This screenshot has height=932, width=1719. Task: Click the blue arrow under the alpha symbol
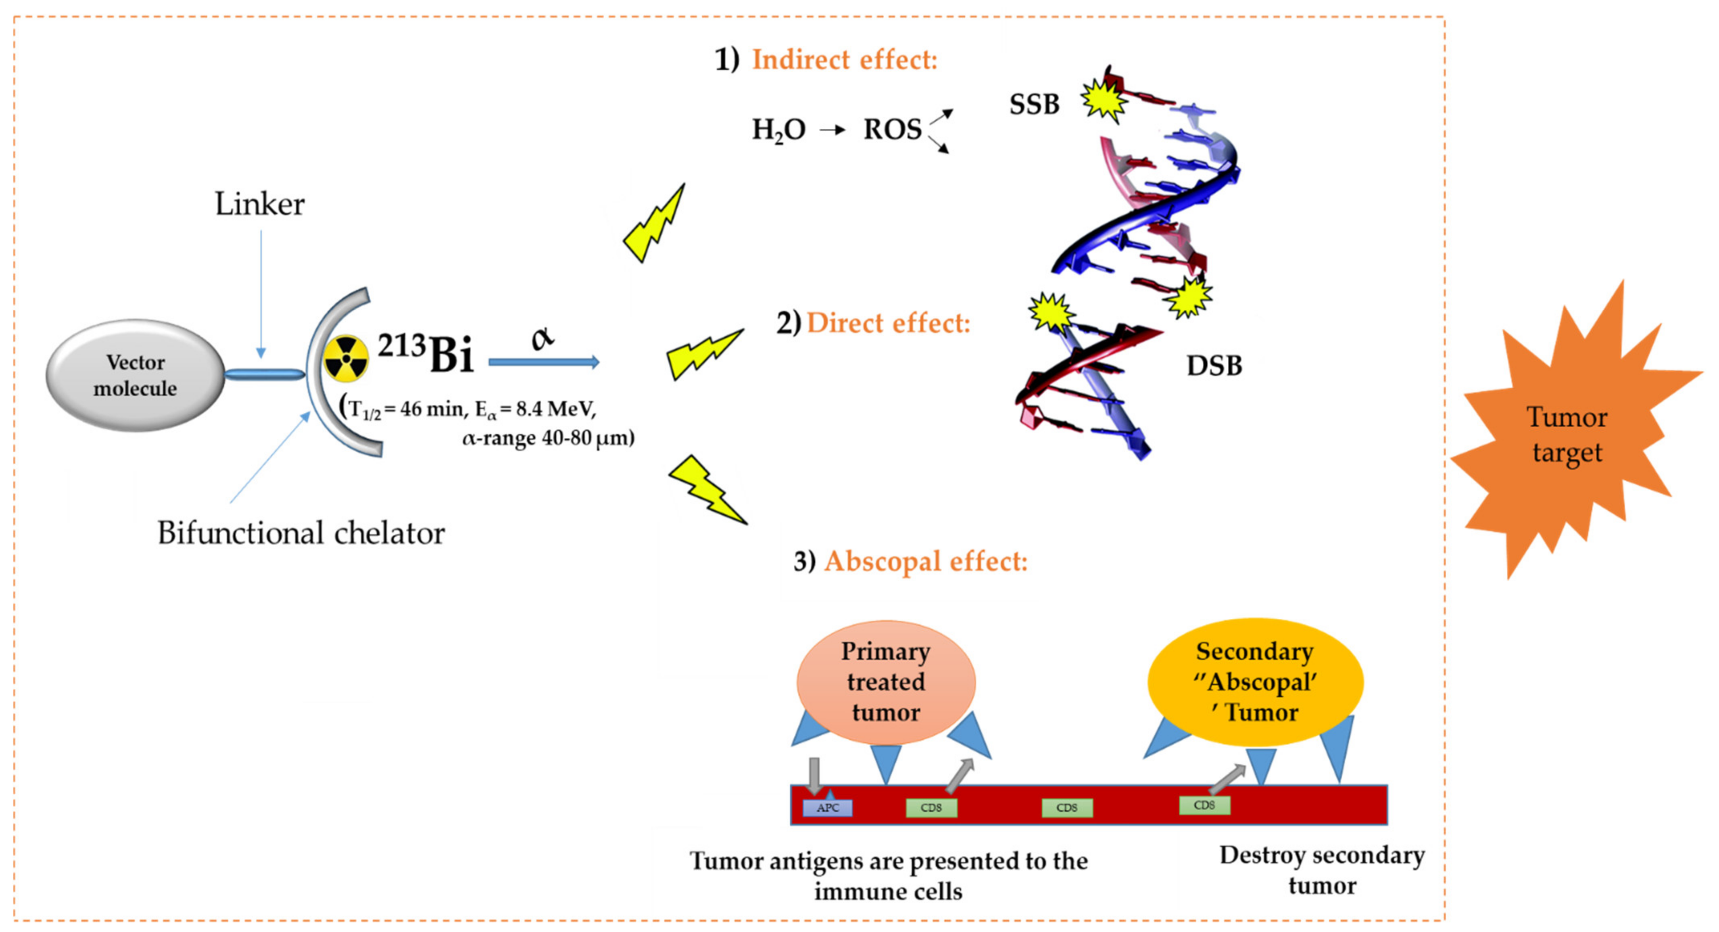tap(544, 362)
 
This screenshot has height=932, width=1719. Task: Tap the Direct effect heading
tap(887, 323)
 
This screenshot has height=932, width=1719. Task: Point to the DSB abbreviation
tap(1214, 366)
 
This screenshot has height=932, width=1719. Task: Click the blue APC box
tap(828, 808)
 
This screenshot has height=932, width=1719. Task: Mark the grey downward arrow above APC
tap(814, 774)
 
